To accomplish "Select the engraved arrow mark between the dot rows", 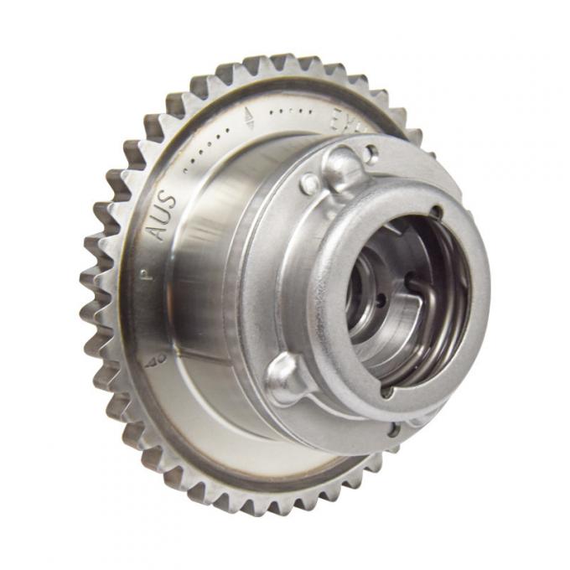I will coord(248,117).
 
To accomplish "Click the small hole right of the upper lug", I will coord(372,154).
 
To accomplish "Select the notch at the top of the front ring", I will coord(435,212).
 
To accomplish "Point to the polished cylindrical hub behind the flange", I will coord(201,277).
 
